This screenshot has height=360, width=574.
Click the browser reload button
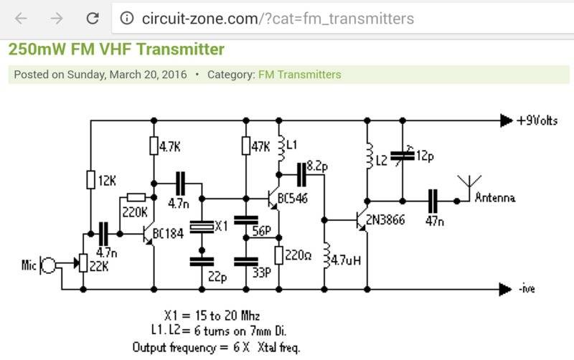[x=92, y=18]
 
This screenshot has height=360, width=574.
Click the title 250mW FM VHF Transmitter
[x=116, y=49]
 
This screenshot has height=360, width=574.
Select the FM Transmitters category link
[x=299, y=75]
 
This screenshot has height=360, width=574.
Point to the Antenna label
[x=495, y=197]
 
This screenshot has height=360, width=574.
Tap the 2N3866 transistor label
[x=385, y=219]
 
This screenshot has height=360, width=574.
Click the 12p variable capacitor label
[x=427, y=156]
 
